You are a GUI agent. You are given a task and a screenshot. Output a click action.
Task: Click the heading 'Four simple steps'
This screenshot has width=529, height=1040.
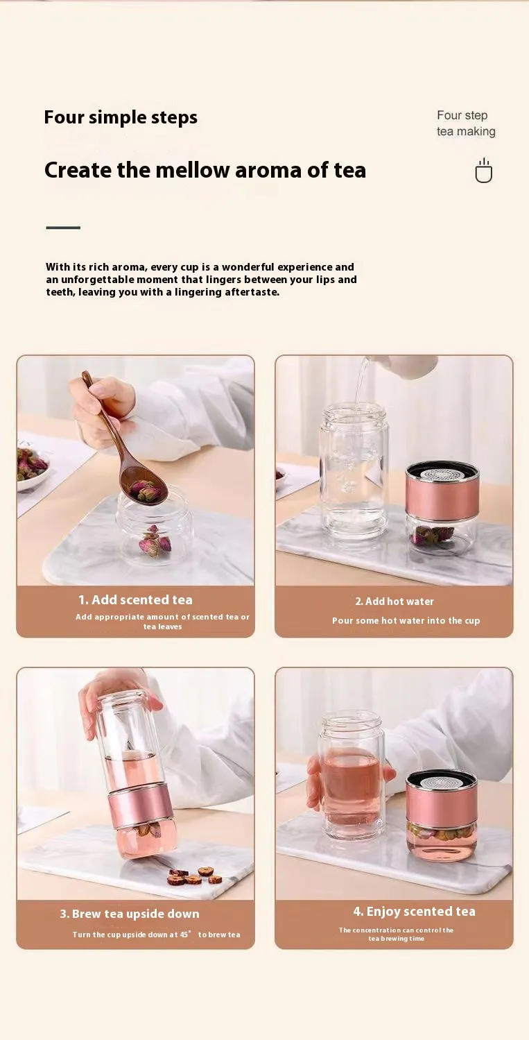pos(121,117)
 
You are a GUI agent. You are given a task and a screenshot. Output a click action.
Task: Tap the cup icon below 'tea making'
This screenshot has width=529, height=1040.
pos(483,171)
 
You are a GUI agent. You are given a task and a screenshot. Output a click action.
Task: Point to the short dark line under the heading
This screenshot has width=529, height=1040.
pos(63,228)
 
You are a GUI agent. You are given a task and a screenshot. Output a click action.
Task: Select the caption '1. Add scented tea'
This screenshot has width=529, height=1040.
pos(135,600)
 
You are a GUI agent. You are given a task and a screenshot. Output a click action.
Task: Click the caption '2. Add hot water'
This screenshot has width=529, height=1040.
pos(394,602)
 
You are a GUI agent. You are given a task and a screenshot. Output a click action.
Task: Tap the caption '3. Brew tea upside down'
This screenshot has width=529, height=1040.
pos(130,914)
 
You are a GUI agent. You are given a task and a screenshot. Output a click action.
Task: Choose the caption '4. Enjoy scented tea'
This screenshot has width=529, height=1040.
pos(415,912)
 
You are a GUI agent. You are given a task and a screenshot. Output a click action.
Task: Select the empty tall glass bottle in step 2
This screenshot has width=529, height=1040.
pos(354,470)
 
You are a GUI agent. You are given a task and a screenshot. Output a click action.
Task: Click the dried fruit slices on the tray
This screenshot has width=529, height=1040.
pos(195,876)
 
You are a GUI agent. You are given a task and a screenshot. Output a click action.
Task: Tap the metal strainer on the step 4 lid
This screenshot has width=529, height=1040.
pos(442,781)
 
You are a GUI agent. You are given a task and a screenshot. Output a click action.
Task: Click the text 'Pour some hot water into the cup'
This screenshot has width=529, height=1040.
pos(406,621)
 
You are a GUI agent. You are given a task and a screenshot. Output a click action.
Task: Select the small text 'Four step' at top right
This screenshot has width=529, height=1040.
pos(462,115)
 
